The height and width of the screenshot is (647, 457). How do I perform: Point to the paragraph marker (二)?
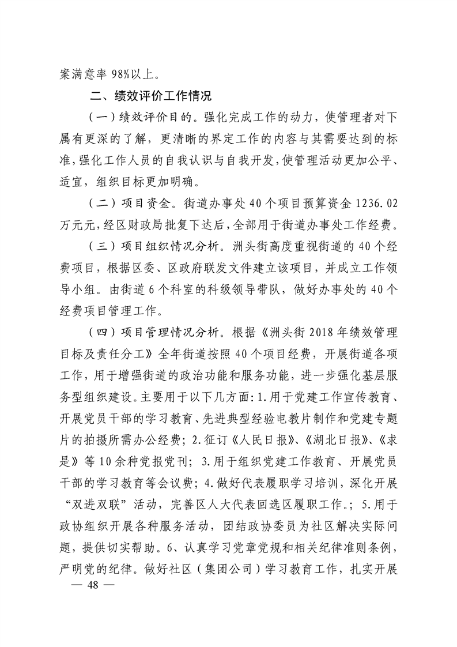(100, 204)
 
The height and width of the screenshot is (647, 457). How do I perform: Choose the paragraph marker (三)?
(100, 247)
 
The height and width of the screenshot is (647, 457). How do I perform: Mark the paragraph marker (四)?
(100, 333)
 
